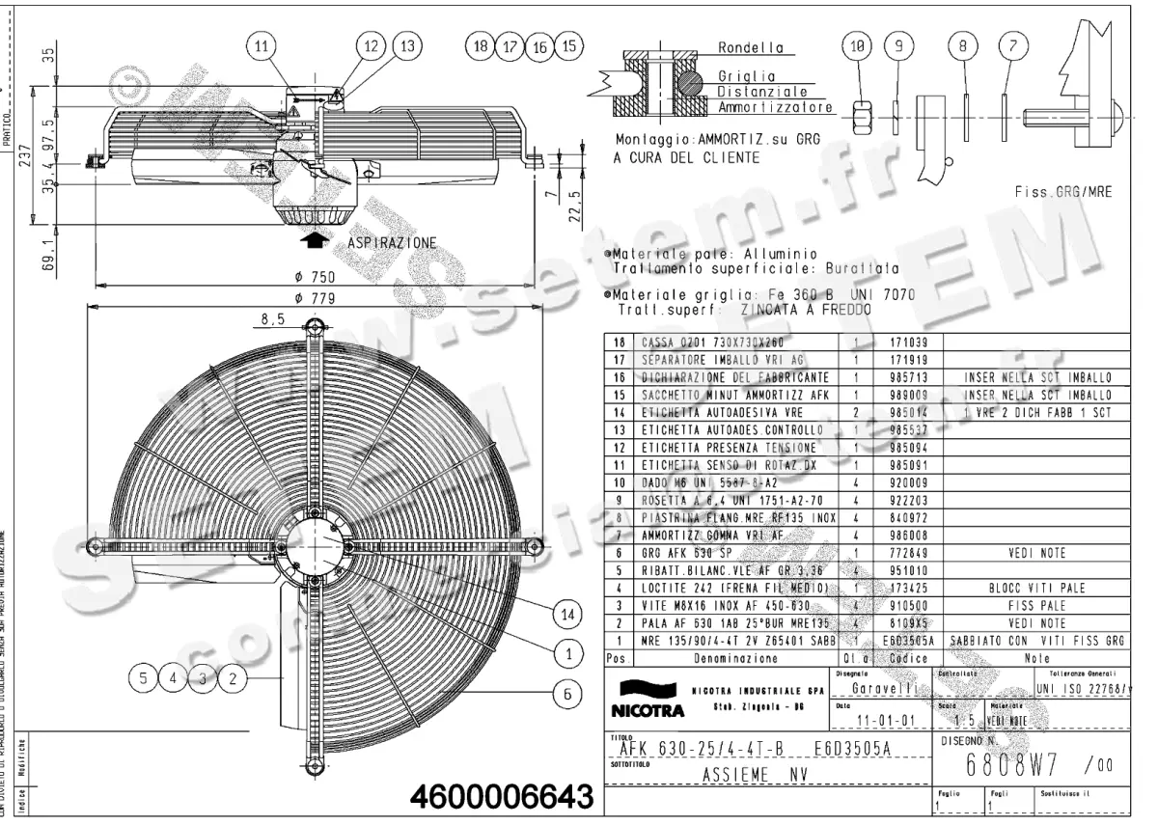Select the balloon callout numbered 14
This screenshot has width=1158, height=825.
(569, 614)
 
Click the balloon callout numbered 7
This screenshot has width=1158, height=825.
(1009, 45)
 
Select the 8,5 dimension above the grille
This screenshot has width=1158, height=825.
(273, 317)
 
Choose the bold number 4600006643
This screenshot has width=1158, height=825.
(501, 799)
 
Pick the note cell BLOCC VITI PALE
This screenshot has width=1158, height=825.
(1036, 588)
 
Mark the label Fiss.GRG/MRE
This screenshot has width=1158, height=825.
(1063, 192)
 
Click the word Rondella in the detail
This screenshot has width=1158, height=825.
(750, 47)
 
